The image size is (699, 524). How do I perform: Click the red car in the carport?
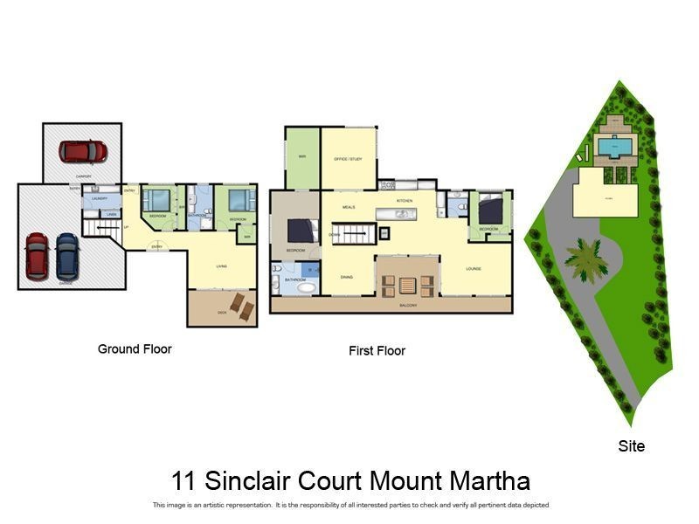(83, 151)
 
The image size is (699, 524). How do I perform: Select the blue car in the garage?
(66, 254)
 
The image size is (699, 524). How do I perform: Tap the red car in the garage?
(37, 255)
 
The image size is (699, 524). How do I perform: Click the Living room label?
(222, 265)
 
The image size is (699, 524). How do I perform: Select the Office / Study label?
(348, 159)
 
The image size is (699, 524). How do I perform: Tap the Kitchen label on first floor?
(405, 201)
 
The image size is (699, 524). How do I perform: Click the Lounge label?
(474, 269)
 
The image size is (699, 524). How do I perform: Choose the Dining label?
(347, 276)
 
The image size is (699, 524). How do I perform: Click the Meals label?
(348, 207)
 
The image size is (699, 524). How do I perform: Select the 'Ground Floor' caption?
(135, 348)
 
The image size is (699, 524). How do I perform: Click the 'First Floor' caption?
(377, 351)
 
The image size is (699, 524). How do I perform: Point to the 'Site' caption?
(631, 446)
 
